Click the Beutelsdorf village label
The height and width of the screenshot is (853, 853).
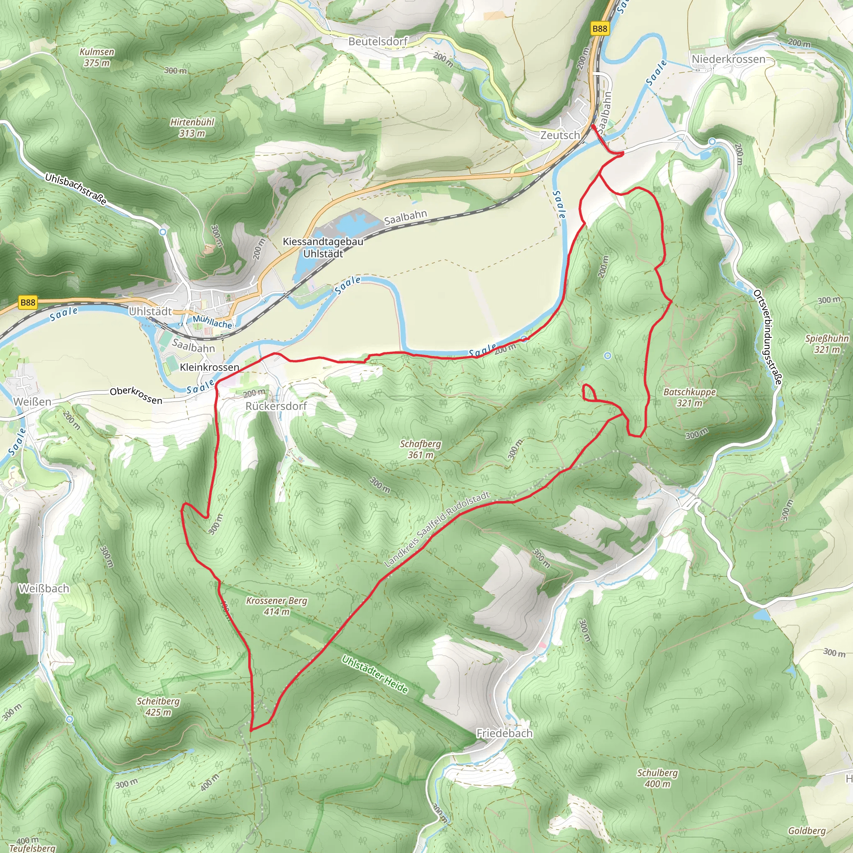(x=378, y=42)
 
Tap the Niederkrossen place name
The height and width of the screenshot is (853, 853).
(x=728, y=59)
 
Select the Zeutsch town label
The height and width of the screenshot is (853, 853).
(x=560, y=135)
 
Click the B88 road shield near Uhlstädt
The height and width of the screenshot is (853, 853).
(x=28, y=302)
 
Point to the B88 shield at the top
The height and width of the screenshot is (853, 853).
(x=600, y=29)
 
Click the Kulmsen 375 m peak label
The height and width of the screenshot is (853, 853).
(x=97, y=57)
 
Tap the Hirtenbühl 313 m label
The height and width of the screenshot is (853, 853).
(x=192, y=127)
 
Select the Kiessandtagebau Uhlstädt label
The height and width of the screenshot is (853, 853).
(x=323, y=248)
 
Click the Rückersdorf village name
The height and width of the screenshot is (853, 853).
(x=276, y=406)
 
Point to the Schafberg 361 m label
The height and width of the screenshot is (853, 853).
(x=420, y=449)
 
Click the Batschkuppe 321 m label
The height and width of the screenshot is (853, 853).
(x=690, y=397)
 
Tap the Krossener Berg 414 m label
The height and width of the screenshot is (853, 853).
(x=277, y=606)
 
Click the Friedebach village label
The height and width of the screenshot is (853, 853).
(x=504, y=733)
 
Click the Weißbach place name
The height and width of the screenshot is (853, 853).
(x=44, y=589)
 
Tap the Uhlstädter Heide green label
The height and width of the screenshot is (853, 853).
(x=375, y=674)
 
